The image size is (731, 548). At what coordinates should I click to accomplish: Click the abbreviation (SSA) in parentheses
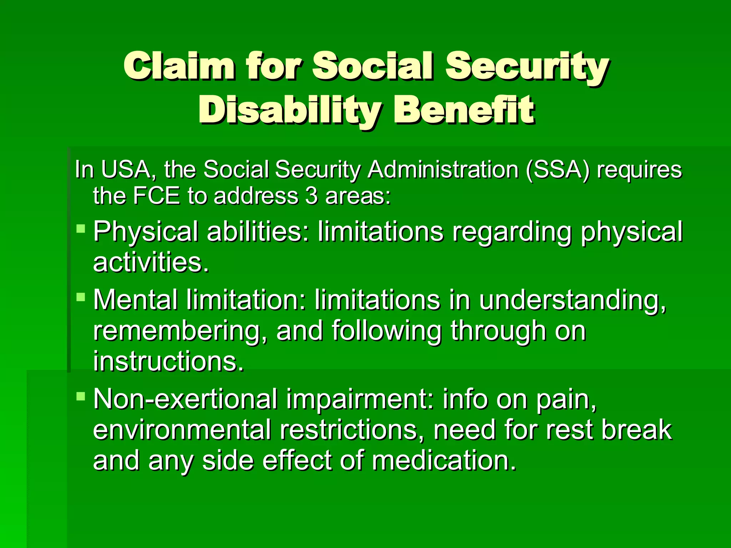point(558,169)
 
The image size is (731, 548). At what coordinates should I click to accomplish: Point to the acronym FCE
point(156,196)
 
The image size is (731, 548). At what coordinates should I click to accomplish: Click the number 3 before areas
point(311,196)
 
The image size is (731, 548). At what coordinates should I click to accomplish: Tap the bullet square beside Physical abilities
point(81,228)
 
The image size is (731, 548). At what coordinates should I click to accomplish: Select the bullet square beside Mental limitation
point(81,296)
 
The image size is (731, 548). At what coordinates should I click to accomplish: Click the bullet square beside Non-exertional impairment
point(81,396)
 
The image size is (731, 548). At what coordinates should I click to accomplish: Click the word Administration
point(443,169)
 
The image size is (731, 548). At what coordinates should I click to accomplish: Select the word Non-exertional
point(185,399)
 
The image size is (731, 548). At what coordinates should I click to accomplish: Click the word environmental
point(182,430)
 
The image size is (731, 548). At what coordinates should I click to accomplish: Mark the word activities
point(150,263)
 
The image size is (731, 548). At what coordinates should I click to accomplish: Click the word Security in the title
point(527,66)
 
